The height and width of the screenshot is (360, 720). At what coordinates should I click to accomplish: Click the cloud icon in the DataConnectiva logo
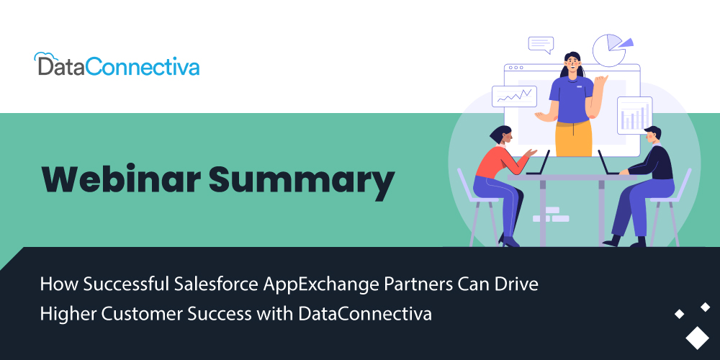pos(44,57)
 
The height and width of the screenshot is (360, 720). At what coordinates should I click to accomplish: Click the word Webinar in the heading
pos(121,179)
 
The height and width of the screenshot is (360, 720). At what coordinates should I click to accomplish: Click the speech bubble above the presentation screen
pos(541,45)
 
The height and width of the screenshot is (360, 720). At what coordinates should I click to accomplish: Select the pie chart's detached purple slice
pos(626,43)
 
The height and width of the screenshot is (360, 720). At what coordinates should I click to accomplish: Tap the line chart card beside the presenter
pos(514,96)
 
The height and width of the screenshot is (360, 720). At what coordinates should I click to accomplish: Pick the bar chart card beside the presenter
pos(634,115)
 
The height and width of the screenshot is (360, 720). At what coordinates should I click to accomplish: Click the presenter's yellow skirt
pos(574,138)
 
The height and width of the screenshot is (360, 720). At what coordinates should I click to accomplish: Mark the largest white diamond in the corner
pos(697,338)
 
